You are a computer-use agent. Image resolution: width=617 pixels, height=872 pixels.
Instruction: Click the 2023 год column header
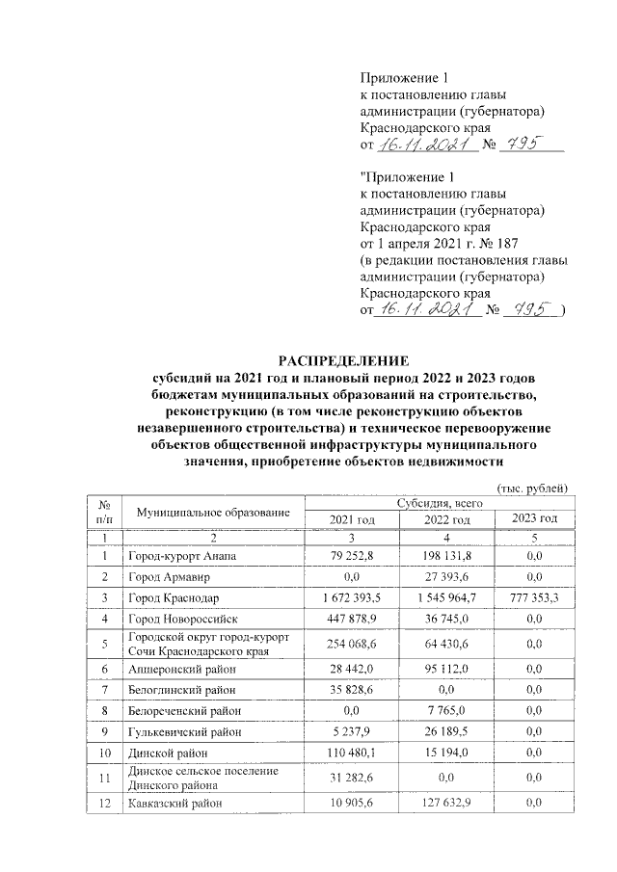pyautogui.click(x=534, y=519)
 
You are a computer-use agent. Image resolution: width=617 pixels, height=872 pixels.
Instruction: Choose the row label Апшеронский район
pyautogui.click(x=178, y=667)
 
